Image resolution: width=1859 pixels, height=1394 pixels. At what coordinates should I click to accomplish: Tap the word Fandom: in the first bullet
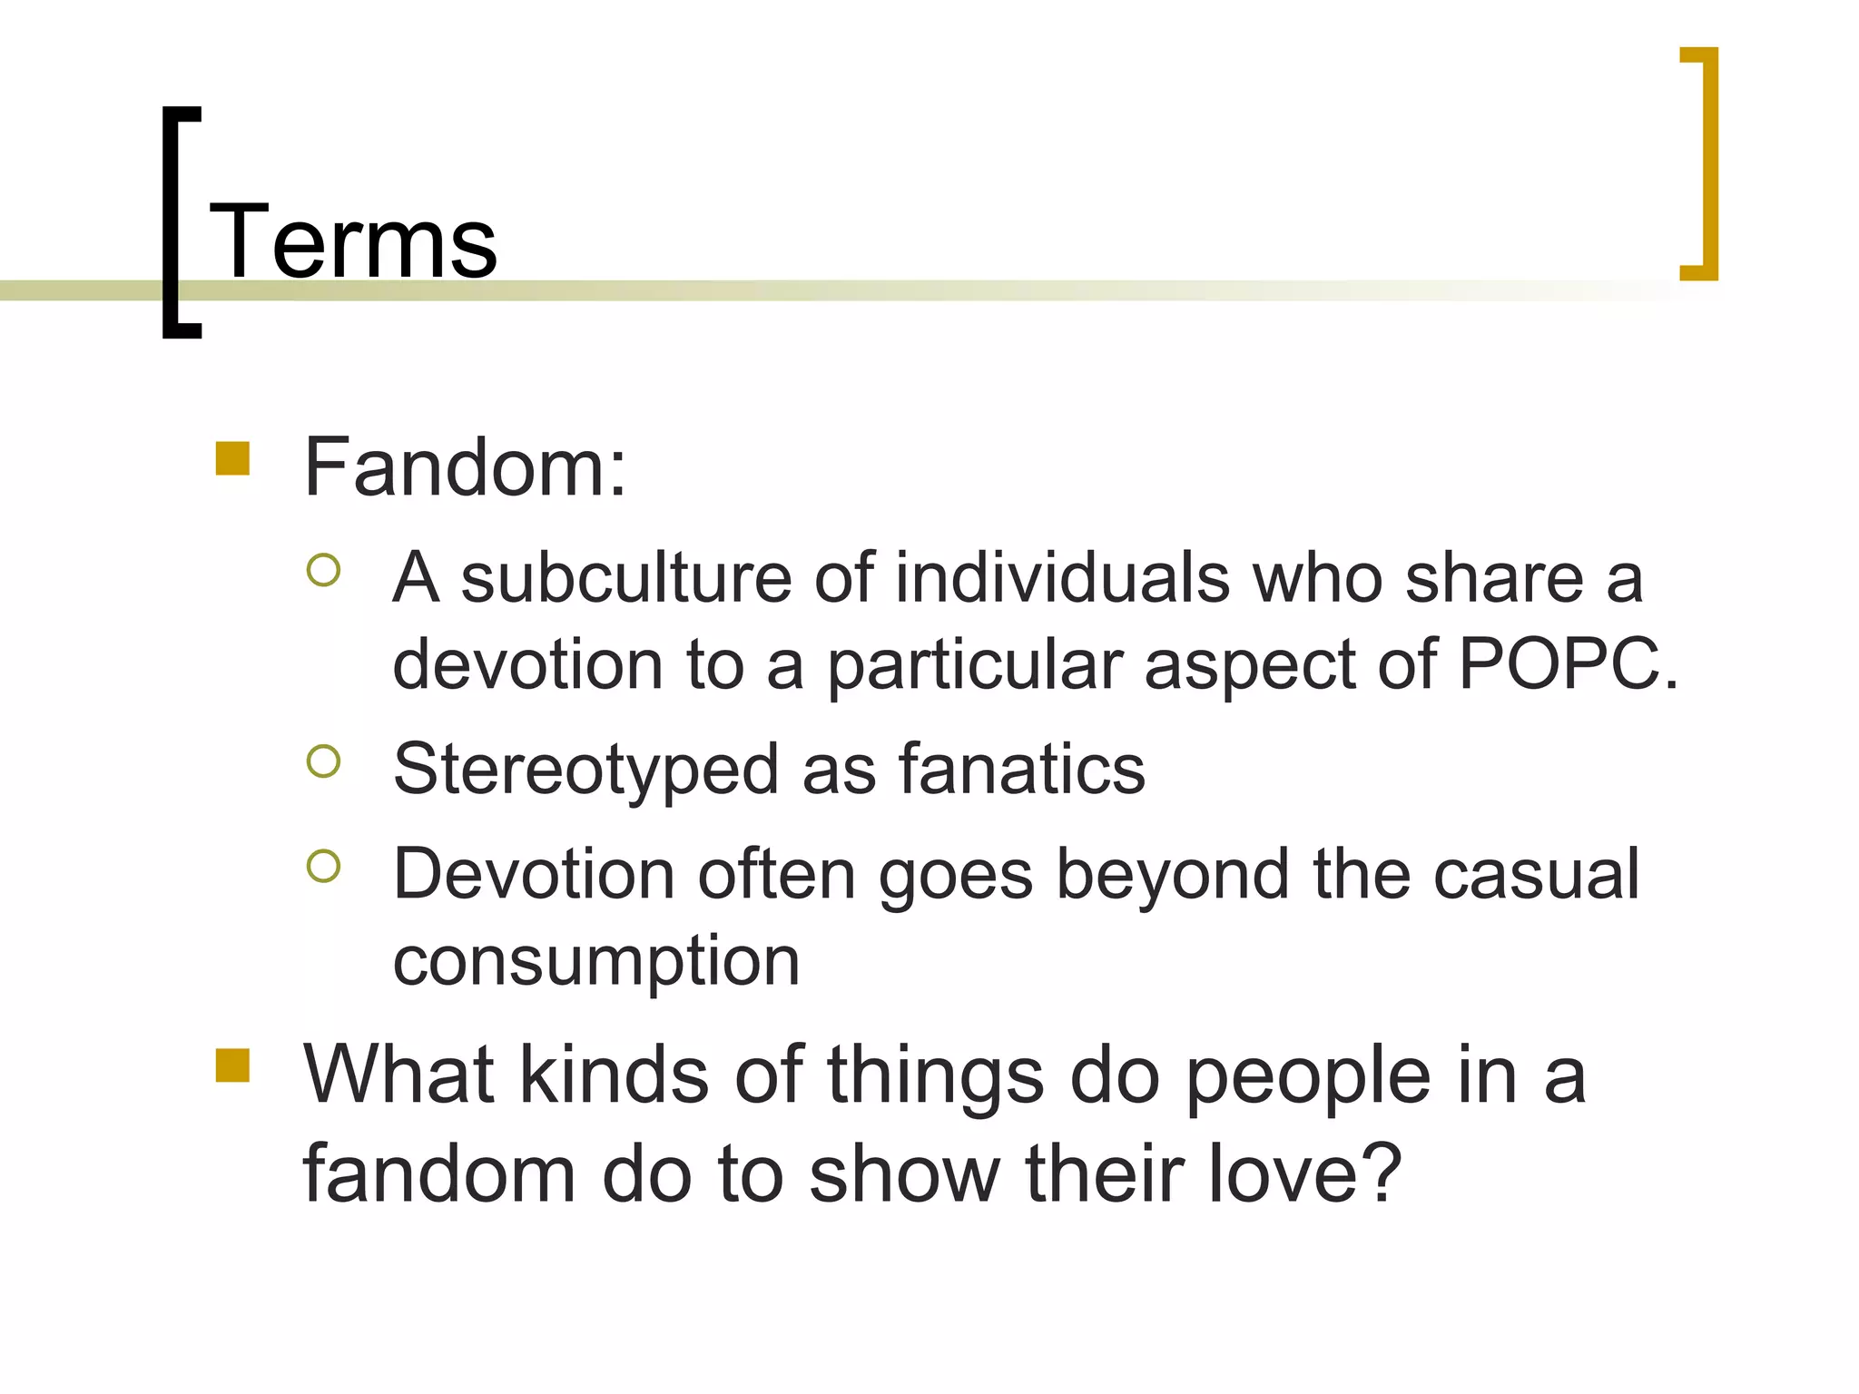coord(465,467)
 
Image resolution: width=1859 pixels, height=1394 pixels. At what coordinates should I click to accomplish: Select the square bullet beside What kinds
coord(232,1066)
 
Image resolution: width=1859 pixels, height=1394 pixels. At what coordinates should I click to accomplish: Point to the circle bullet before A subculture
coord(323,570)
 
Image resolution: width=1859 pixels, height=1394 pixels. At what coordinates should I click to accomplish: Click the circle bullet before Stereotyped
coord(323,761)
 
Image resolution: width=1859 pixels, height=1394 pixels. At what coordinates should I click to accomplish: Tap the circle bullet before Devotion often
coord(323,866)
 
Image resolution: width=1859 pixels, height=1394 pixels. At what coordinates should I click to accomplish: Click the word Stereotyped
coord(585,771)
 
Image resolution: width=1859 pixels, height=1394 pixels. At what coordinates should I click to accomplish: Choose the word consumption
coord(596,962)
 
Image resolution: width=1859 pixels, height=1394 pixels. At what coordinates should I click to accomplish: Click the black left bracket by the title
coord(180,222)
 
